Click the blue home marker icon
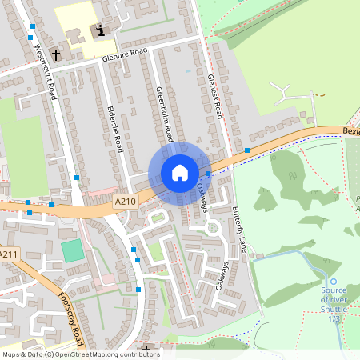click(x=179, y=173)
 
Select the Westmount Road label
click(x=46, y=71)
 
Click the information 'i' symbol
click(x=100, y=31)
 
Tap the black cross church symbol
click(x=56, y=54)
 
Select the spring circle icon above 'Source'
click(x=334, y=281)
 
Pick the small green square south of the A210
click(x=73, y=250)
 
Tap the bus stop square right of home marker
click(x=208, y=173)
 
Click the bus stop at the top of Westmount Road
click(x=31, y=26)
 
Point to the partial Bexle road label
click(x=350, y=129)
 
